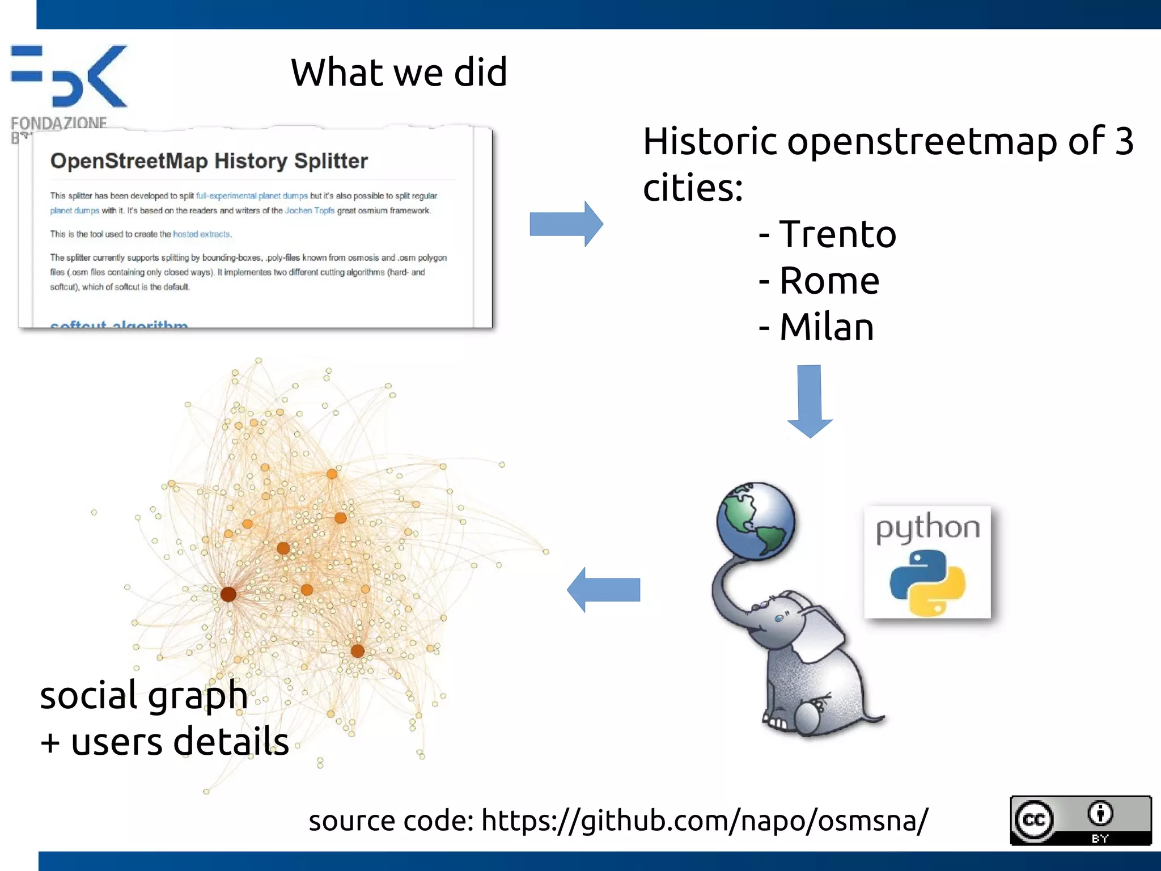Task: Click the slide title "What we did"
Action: click(x=399, y=73)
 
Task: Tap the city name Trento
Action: click(x=837, y=234)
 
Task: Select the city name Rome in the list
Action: click(x=829, y=281)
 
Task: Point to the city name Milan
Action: click(x=827, y=327)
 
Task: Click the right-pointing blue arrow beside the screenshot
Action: click(x=565, y=223)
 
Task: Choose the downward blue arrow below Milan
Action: click(x=810, y=400)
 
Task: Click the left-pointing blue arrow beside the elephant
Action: click(x=604, y=590)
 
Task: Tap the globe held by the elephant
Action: click(x=755, y=521)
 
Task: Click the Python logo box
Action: click(x=927, y=562)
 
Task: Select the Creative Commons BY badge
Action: click(x=1081, y=820)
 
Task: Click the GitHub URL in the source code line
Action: click(x=705, y=821)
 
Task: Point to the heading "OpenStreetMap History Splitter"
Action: click(x=209, y=161)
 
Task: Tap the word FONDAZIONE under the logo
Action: click(x=58, y=122)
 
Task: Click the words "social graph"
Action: click(x=143, y=695)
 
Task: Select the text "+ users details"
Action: click(x=164, y=742)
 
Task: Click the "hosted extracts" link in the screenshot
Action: click(x=201, y=234)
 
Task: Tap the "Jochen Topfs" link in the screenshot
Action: click(x=310, y=210)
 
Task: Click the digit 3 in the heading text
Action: click(x=1124, y=141)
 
